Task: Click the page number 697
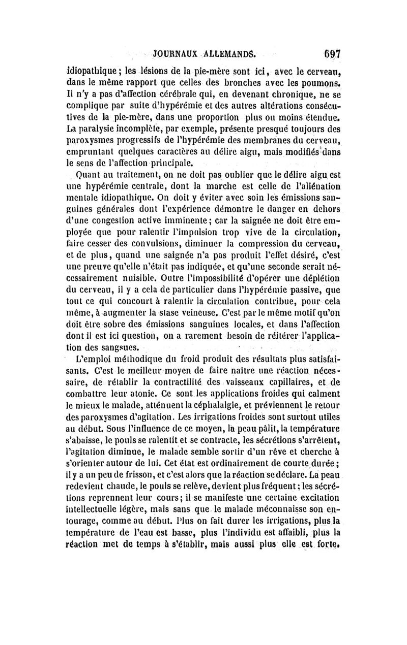click(330, 54)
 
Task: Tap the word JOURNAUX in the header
click(173, 55)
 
